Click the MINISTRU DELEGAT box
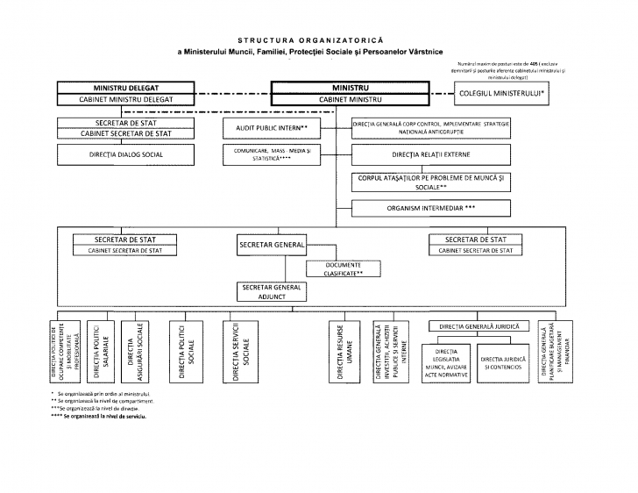126,88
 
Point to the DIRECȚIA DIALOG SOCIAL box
126,154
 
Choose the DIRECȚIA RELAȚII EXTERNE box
429,154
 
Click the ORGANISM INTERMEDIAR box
429,208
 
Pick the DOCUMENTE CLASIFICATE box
343,268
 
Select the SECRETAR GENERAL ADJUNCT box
271,291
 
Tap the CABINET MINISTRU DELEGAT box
126,99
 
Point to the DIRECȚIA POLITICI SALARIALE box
102,354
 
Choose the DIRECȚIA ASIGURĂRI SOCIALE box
134,354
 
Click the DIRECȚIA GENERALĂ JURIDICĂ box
480,326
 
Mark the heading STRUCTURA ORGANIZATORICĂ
318,40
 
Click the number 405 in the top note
530,65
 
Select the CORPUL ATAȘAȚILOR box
429,182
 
